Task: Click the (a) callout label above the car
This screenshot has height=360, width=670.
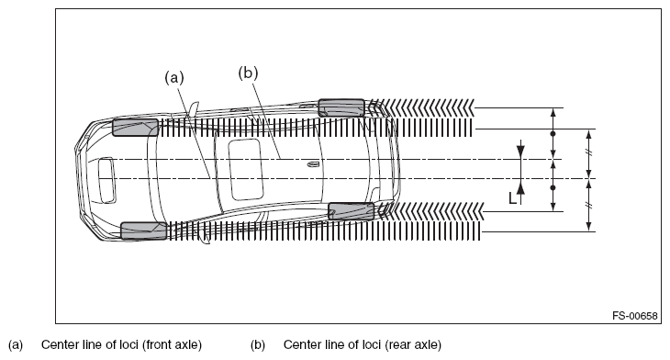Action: click(x=174, y=77)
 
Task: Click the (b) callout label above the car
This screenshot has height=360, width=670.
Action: click(x=248, y=73)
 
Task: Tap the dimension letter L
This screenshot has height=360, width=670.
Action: click(x=512, y=198)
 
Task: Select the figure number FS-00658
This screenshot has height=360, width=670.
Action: click(x=635, y=316)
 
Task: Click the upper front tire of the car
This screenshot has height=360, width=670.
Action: click(x=136, y=128)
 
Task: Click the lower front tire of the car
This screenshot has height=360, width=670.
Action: click(x=144, y=231)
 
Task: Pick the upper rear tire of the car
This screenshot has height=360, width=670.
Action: click(x=341, y=107)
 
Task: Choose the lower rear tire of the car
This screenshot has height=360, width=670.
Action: click(x=352, y=211)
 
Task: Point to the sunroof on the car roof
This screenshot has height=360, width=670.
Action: click(x=246, y=169)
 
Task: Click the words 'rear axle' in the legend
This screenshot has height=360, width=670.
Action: click(x=413, y=344)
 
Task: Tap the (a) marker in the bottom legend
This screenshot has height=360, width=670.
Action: click(x=16, y=344)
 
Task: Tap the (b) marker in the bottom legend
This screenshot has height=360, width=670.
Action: click(x=258, y=344)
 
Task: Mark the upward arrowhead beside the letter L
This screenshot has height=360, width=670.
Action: click(x=520, y=186)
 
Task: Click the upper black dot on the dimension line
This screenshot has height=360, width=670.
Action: click(x=553, y=134)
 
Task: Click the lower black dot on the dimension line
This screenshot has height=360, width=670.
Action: click(x=553, y=187)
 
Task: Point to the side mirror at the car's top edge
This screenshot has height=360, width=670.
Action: click(x=194, y=108)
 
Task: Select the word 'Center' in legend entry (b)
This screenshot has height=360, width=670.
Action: click(x=298, y=344)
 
